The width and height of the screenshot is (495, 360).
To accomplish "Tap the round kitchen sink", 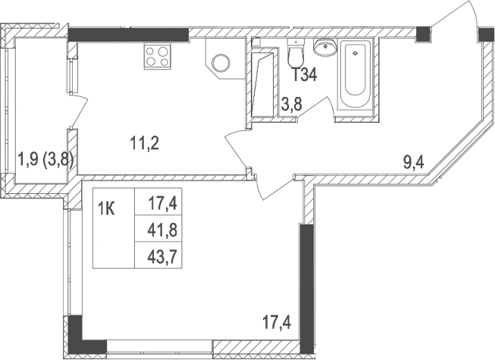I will click(224, 64).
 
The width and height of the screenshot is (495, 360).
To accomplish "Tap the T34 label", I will click(304, 75).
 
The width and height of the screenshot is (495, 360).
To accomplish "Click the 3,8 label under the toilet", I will click(293, 105).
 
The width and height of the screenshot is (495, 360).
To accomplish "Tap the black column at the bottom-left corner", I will click(75, 331).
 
